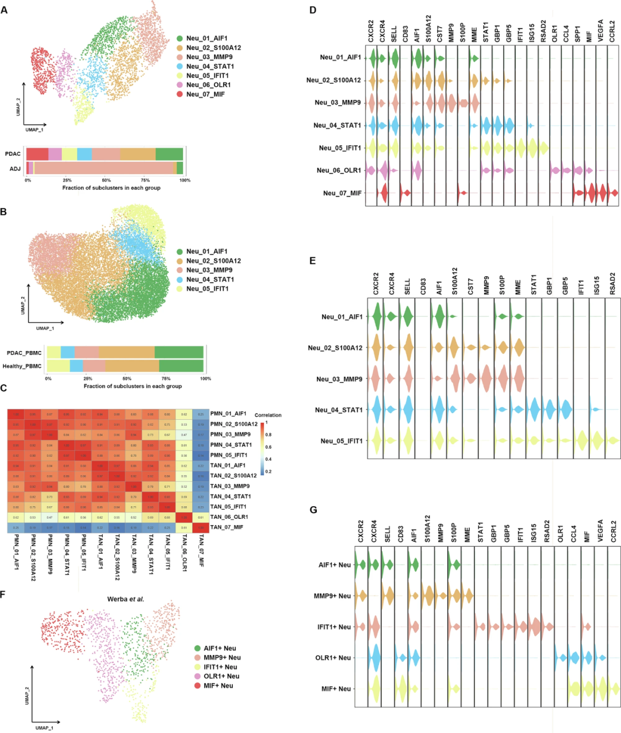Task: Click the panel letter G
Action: [313, 510]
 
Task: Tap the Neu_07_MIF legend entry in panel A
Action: [205, 94]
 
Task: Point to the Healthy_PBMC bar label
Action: [22, 366]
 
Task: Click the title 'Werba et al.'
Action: [125, 599]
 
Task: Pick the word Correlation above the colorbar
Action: [268, 415]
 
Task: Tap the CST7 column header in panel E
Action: [471, 286]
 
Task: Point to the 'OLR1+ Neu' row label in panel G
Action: [333, 658]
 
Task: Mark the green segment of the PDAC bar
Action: [169, 154]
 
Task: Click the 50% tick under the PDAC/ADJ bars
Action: [106, 180]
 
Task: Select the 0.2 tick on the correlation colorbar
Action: [268, 471]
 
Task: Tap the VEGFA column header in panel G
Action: [600, 531]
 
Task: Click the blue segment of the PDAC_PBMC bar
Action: [67, 352]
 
